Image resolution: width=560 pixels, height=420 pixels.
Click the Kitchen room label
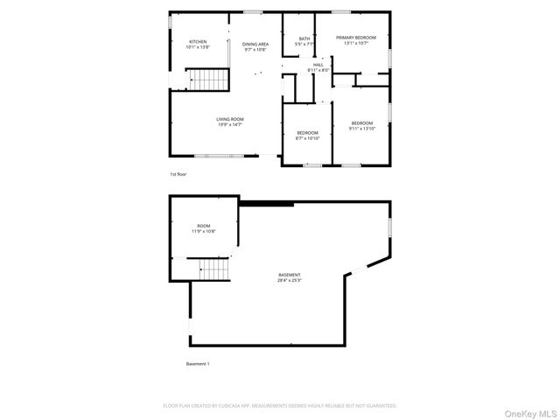click(x=198, y=41)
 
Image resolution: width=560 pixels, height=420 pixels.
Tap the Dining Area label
click(x=255, y=44)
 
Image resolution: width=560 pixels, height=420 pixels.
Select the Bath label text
click(x=304, y=38)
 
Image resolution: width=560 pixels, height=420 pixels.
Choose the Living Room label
click(x=231, y=119)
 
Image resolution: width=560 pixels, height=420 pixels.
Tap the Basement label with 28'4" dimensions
click(x=290, y=276)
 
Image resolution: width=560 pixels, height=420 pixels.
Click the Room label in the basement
click(x=204, y=226)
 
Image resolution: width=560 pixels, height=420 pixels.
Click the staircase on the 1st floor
click(x=210, y=81)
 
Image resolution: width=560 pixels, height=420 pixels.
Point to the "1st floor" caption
click(x=178, y=175)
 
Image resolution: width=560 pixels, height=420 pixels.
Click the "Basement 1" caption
click(x=198, y=363)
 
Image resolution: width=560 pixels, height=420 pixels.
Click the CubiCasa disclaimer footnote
click(x=280, y=406)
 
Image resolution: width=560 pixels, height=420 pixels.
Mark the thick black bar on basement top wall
click(x=266, y=205)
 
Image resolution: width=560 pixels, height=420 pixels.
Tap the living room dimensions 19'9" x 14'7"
click(x=231, y=125)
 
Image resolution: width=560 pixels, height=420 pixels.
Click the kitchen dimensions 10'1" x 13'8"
click(x=198, y=47)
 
